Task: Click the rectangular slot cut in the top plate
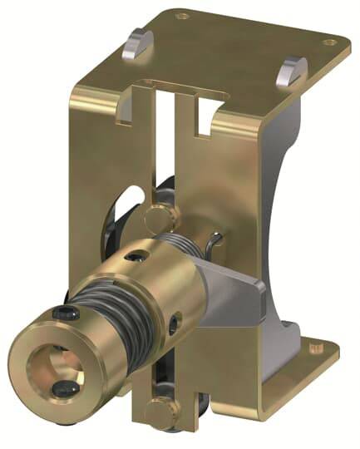pyautogui.click(x=175, y=86)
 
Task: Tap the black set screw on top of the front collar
pyautogui.click(x=62, y=313)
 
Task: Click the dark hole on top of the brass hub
pyautogui.click(x=135, y=260)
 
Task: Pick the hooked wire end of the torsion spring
pyautogui.click(x=215, y=242)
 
